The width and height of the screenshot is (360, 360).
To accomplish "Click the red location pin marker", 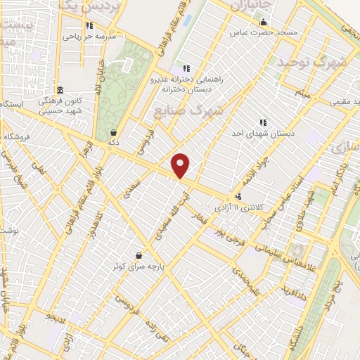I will pos(181,165).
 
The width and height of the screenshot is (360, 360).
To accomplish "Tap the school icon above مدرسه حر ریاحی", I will pos(89,26).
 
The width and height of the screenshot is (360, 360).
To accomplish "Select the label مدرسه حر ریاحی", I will pos(89,36).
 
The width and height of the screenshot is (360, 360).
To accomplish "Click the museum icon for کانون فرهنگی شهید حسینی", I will pos(60,90).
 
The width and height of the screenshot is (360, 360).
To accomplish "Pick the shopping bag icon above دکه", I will pos(114,131).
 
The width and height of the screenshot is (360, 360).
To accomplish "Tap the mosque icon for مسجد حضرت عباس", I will pos(263,22).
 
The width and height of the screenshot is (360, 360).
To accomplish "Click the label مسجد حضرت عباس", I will pos(267,32).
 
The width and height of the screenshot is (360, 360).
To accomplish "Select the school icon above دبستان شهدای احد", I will pos(263,122).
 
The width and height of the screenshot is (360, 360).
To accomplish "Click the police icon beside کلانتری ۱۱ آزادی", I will pos(239,198).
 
